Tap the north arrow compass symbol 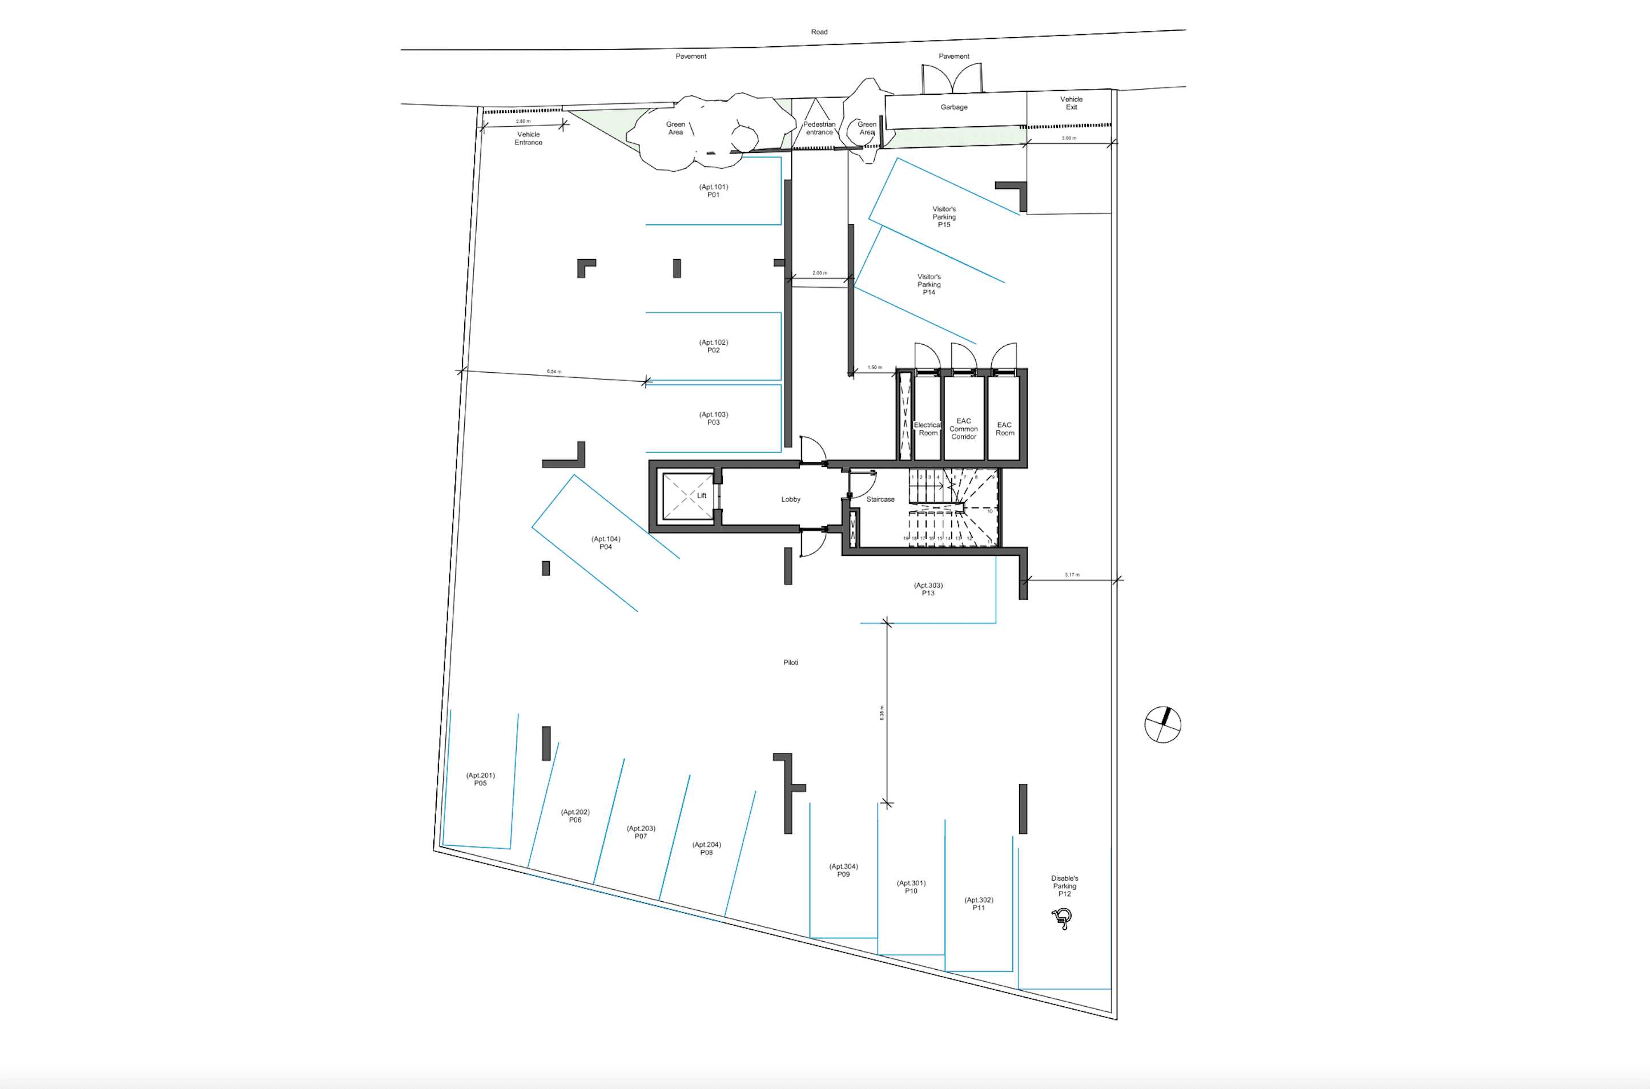[x=1162, y=724]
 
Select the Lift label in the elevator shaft [x=702, y=496]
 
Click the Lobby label [x=791, y=499]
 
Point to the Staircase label [x=880, y=499]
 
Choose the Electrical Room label [x=927, y=429]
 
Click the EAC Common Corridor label [x=964, y=429]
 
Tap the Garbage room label [x=954, y=107]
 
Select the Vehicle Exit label [x=1071, y=103]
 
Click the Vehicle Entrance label [x=528, y=138]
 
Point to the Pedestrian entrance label [x=819, y=128]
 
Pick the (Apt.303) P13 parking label [x=928, y=590]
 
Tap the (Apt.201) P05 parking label [x=480, y=779]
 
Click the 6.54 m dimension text [x=554, y=372]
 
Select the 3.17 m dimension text [x=1072, y=575]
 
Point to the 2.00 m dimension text [x=820, y=273]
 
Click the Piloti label [x=791, y=663]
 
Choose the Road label [x=819, y=32]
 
